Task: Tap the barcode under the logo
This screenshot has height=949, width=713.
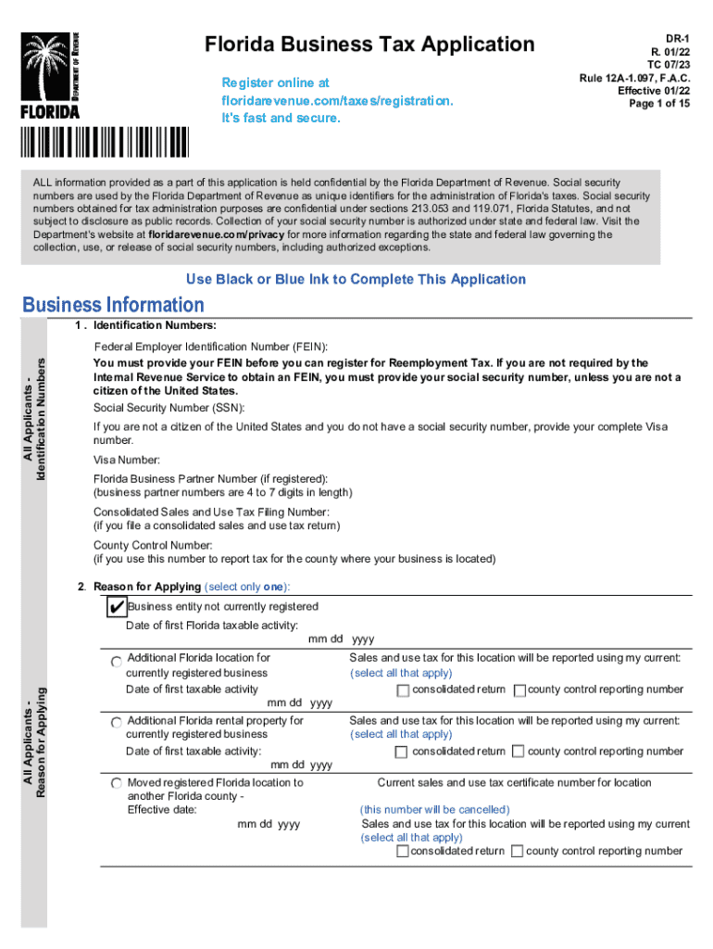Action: pos(103,143)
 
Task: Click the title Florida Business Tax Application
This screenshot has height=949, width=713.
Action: pos(369,44)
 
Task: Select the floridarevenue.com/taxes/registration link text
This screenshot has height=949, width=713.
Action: pos(337,100)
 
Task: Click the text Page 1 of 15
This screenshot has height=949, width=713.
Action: pos(659,104)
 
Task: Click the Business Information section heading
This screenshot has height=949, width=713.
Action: pos(113,305)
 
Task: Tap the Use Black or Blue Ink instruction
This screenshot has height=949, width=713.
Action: pos(356,279)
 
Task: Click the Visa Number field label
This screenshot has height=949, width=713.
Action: pos(127,460)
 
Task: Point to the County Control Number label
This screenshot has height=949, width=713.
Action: pos(153,545)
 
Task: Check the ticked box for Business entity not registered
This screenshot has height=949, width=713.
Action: pos(116,607)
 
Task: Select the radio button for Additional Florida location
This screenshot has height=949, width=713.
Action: pos(116,662)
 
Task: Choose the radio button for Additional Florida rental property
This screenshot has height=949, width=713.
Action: pos(116,722)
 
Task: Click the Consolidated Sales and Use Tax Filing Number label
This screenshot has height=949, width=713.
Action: pos(211,512)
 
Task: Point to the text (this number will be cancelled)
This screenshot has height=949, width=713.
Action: pos(433,809)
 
